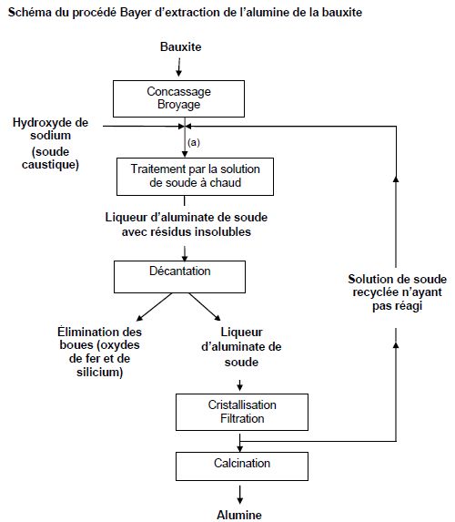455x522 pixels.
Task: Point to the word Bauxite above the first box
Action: point(180,46)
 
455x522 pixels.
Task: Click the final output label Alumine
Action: point(239,515)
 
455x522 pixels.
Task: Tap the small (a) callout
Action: point(194,142)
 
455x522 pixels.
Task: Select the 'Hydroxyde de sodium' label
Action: point(50,128)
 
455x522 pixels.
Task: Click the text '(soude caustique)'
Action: point(50,159)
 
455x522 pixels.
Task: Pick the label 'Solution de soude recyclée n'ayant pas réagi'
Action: point(397,292)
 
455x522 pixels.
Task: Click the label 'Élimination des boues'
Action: point(99,338)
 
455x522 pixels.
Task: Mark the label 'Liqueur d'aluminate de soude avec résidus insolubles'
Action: point(187,224)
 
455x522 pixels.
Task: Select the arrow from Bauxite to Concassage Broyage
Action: point(179,67)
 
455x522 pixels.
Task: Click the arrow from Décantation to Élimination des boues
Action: point(155,307)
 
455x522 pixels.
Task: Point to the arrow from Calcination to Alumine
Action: point(240,495)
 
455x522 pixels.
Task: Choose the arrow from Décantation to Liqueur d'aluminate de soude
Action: point(205,307)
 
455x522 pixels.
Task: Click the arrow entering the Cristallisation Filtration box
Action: point(240,385)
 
